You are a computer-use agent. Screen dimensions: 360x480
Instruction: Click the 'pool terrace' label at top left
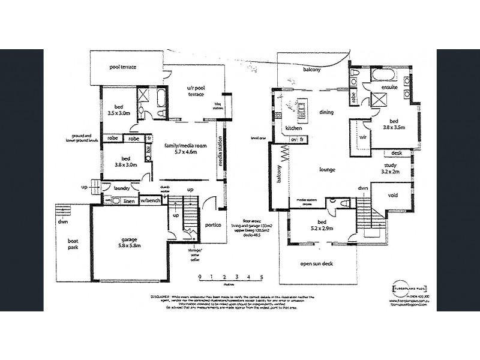click(124, 68)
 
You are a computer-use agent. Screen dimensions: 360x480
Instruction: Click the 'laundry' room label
click(122, 188)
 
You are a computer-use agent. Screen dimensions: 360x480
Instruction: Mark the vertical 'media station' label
click(221, 156)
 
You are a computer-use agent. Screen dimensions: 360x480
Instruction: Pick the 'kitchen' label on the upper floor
click(293, 128)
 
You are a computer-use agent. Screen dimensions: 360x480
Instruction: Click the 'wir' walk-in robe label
click(362, 137)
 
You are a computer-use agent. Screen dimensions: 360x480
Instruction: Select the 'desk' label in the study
click(397, 153)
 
